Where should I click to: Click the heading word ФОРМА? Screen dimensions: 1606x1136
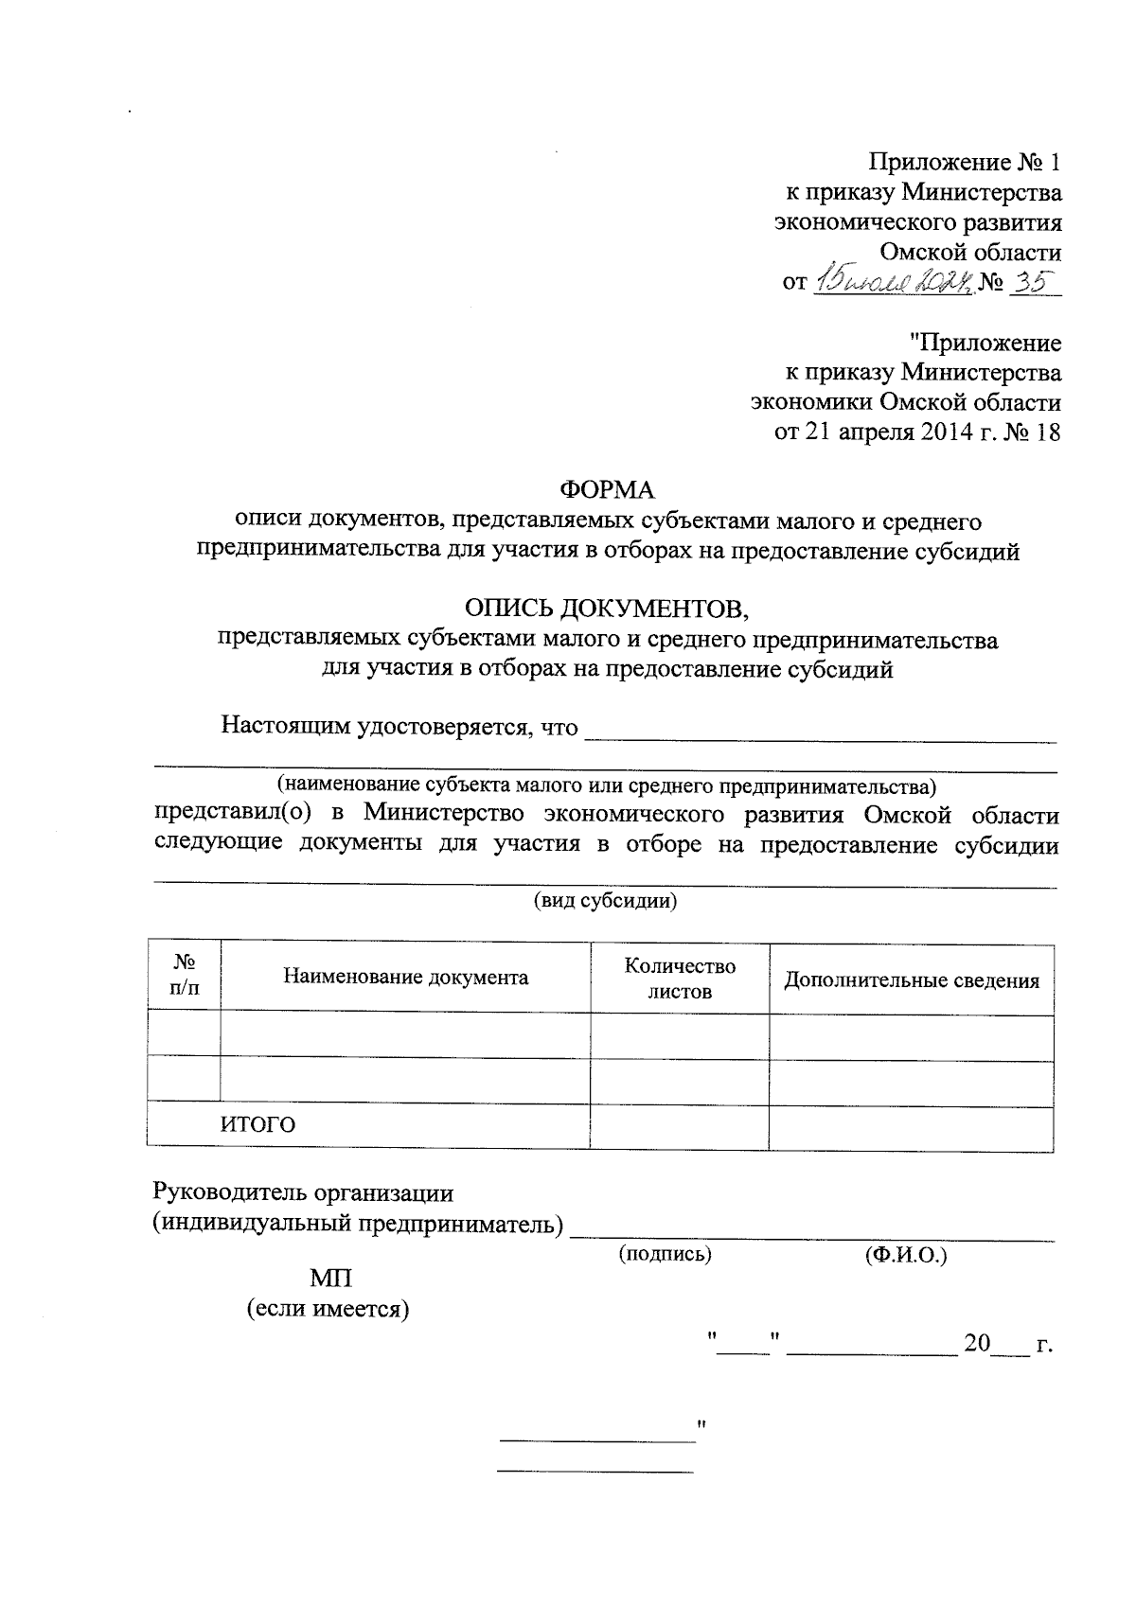click(607, 489)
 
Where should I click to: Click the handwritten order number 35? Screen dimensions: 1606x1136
click(1034, 281)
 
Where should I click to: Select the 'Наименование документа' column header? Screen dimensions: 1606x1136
click(405, 977)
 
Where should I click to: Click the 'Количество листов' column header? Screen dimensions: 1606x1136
click(679, 978)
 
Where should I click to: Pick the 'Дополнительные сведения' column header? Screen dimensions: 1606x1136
click(911, 980)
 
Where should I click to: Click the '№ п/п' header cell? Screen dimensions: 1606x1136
click(185, 975)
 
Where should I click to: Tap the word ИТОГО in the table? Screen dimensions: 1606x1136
click(257, 1124)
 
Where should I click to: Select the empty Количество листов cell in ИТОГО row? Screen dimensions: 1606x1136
click(679, 1125)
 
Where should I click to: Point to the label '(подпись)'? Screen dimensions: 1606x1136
click(665, 1254)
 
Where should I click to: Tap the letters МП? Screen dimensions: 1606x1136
click(330, 1279)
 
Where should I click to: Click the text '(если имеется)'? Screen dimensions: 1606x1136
click(328, 1310)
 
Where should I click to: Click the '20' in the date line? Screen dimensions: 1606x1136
click(976, 1343)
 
